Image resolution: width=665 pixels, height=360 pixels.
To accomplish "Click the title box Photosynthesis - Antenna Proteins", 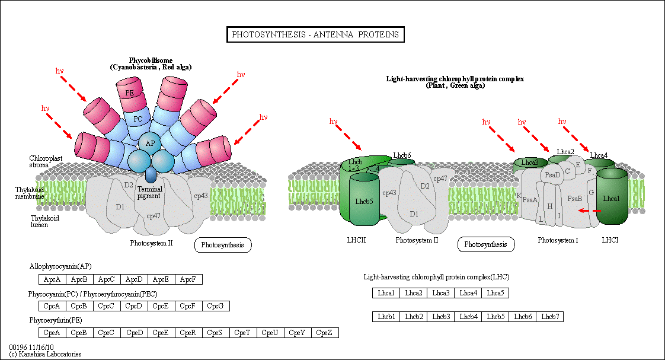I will point(315,34).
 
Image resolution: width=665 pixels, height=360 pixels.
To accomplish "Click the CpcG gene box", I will point(216,306).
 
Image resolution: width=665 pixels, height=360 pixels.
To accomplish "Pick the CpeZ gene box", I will point(324,333).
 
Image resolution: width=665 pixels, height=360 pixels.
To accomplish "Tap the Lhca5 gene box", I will point(495,293).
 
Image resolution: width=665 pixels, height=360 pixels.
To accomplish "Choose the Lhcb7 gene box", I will point(550,317).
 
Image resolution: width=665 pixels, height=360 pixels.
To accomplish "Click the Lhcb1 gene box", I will point(386,317).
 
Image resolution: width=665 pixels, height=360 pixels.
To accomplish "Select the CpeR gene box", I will point(188,333).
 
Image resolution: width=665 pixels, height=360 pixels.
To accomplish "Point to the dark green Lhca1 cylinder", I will point(612,198).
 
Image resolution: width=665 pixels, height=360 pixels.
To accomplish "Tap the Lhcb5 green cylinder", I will point(364,202).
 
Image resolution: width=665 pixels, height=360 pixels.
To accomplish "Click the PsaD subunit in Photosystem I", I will point(552,175).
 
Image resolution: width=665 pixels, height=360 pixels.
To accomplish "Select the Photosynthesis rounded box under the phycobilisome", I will point(223,245).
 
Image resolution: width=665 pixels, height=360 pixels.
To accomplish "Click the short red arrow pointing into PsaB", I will point(589,210).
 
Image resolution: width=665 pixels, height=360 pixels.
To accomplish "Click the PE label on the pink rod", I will point(129,93).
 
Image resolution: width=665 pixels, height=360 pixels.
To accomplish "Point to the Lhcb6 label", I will point(402,155).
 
